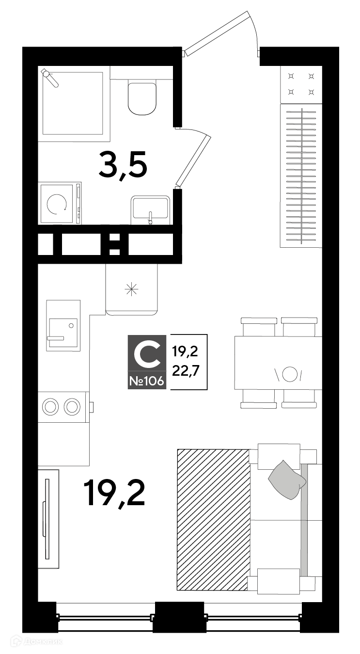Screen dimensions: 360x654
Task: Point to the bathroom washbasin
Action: [x=150, y=209]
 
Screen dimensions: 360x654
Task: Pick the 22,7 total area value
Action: [x=185, y=371]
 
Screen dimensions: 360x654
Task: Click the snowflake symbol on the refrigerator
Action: [x=131, y=289]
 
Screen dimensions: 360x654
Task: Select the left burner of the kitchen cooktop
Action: [x=50, y=407]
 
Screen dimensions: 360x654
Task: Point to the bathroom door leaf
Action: [x=193, y=160]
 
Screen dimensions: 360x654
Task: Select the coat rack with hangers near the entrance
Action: [x=301, y=175]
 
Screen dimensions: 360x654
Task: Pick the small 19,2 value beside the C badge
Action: [x=185, y=351]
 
